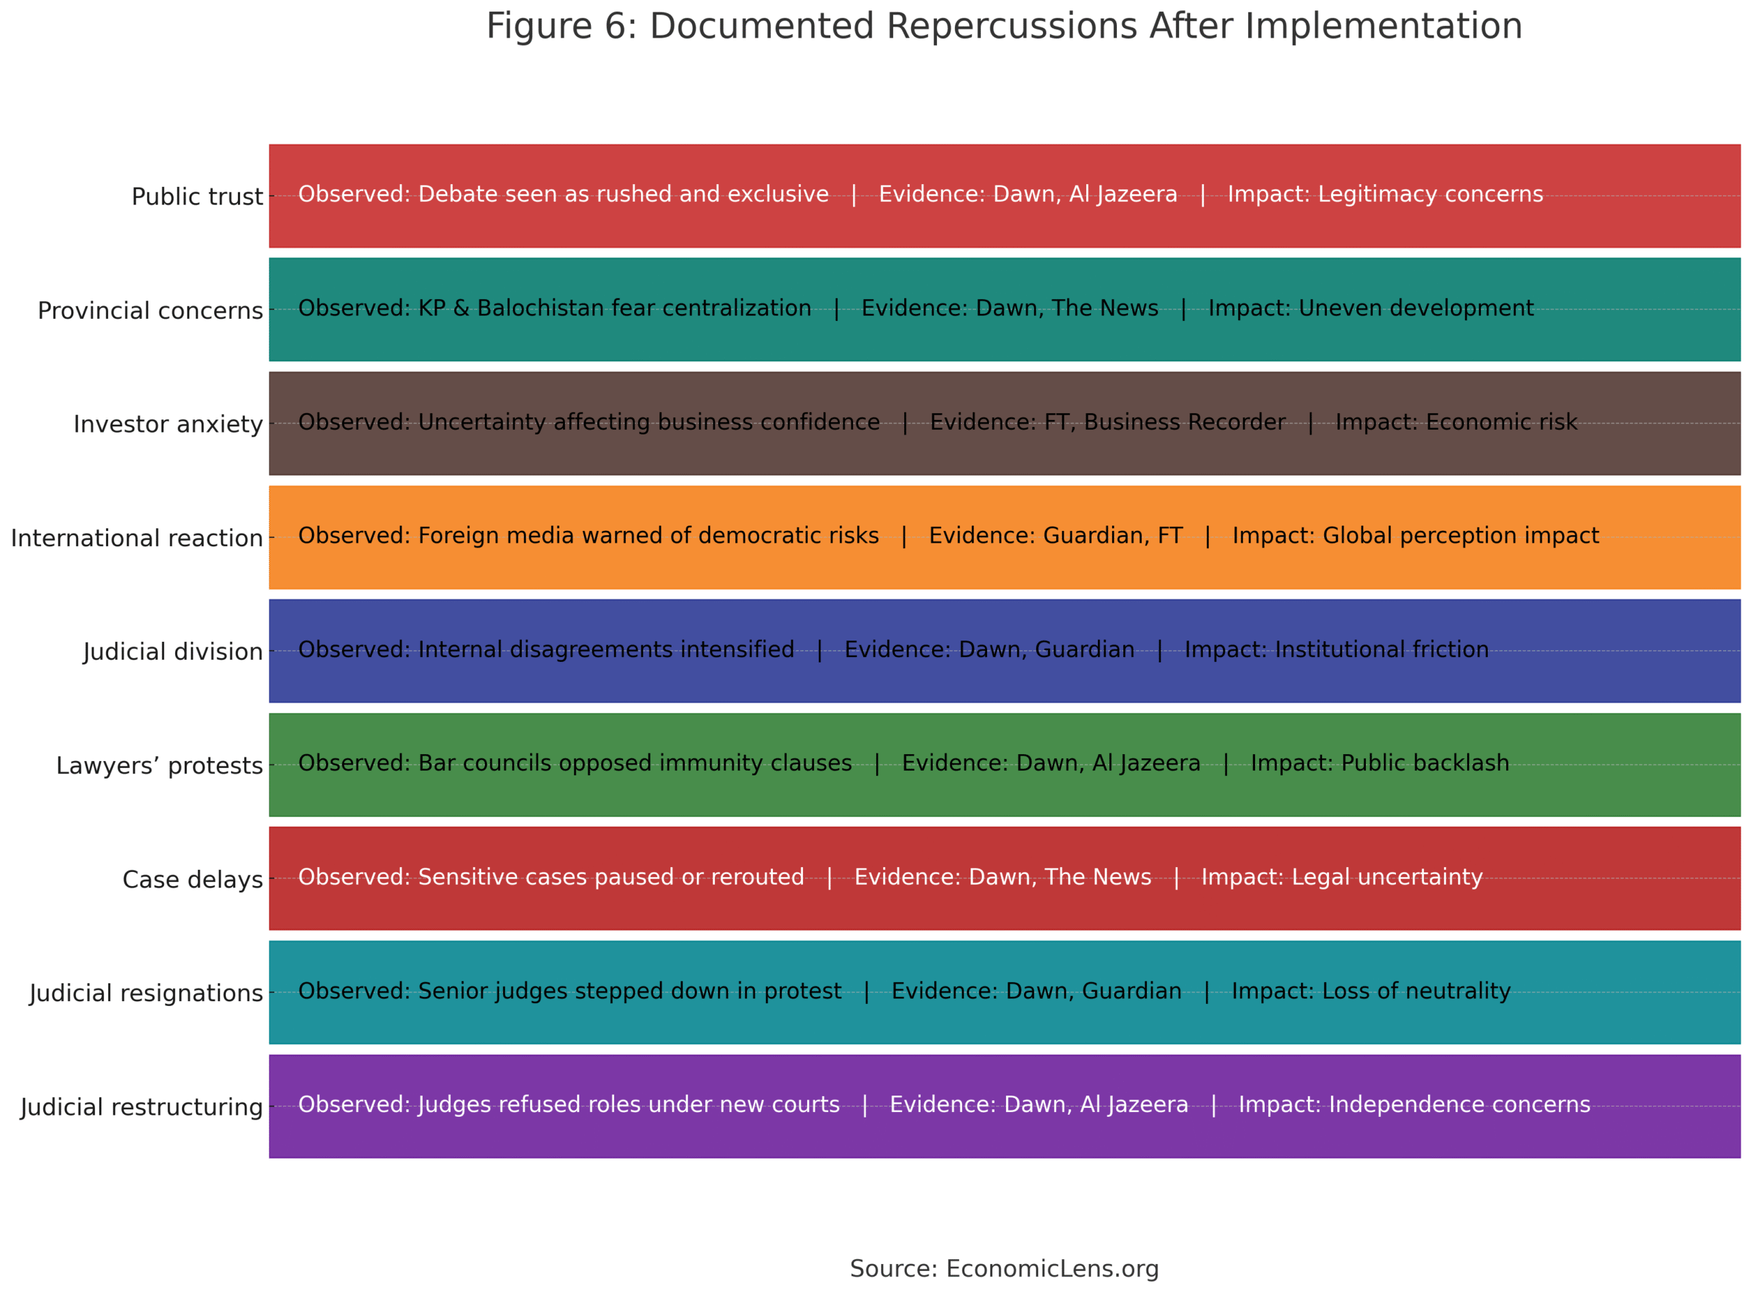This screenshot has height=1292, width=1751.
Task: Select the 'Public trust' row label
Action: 197,197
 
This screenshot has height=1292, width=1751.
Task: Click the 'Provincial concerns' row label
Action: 150,311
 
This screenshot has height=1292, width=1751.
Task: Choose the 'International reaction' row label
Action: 137,539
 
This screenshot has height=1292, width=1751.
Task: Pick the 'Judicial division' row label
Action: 173,652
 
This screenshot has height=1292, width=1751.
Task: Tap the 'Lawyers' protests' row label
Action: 159,766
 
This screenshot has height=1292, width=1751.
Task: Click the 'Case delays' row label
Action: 192,880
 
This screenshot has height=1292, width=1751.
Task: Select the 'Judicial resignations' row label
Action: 146,993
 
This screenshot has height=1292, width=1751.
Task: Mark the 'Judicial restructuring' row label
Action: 142,1107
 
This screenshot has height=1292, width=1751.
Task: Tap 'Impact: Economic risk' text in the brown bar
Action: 1456,422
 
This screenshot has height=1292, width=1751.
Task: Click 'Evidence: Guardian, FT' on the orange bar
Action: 1055,536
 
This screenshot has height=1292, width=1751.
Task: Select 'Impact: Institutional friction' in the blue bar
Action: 1336,650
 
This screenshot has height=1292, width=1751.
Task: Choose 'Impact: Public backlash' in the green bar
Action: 1380,763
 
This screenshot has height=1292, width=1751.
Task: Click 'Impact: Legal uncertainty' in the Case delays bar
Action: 1341,877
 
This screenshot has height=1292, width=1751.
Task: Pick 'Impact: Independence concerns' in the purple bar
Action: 1414,1105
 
